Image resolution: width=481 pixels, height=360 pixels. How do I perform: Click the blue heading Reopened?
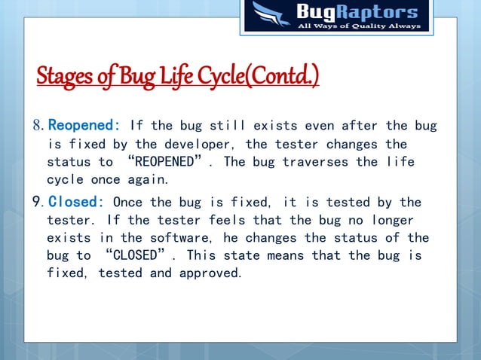pyautogui.click(x=84, y=125)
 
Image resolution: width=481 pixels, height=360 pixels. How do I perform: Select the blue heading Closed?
pyautogui.click(x=76, y=203)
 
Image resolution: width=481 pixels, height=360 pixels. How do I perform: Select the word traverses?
pyautogui.click(x=312, y=162)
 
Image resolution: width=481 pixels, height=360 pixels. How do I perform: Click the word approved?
pyautogui.click(x=210, y=273)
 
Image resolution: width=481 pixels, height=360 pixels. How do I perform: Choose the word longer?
pyautogui.click(x=403, y=221)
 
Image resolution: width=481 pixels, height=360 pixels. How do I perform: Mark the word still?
pyautogui.click(x=222, y=125)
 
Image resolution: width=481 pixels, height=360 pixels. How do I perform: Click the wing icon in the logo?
pyautogui.click(x=270, y=16)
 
